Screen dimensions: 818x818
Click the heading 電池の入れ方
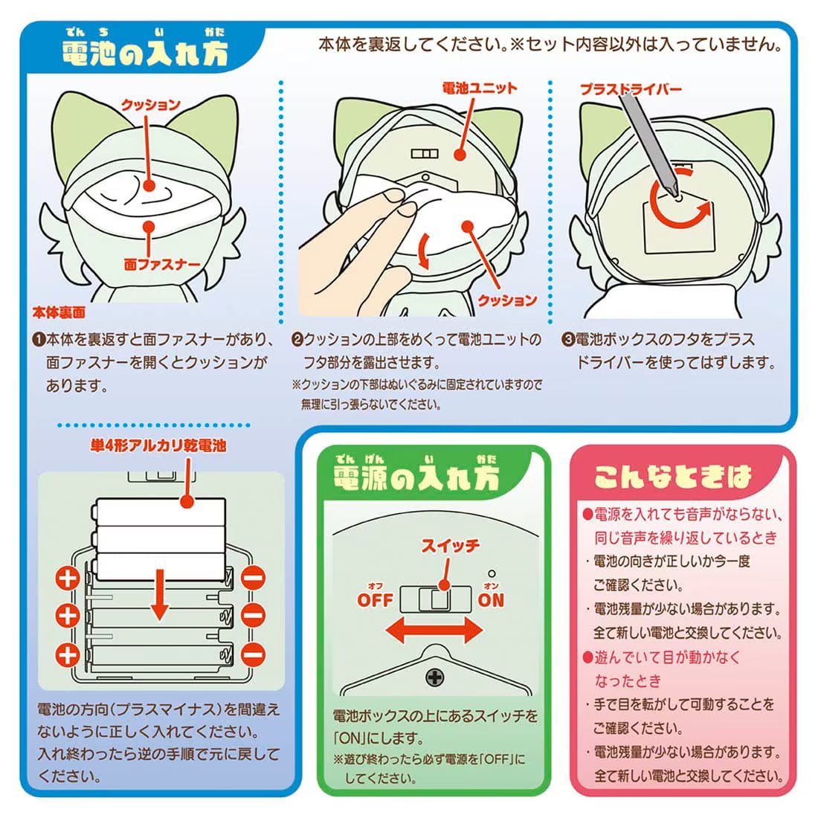144,54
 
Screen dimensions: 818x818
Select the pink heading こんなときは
672,476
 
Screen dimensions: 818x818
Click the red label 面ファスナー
161,265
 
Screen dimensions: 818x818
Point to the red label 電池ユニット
480,88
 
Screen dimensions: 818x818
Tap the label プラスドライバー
631,89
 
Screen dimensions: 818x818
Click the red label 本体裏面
59,313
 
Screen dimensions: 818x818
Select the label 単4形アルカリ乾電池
158,445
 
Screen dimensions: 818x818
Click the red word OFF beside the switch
375,600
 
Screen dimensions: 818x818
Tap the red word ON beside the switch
491,600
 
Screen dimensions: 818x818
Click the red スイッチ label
450,546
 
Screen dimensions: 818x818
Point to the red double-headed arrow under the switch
434,630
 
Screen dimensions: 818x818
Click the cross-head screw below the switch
434,677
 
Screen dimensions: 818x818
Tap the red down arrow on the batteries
160,595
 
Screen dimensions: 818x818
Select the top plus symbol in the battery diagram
68,578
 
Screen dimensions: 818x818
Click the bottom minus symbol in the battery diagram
254,654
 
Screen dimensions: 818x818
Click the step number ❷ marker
297,340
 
